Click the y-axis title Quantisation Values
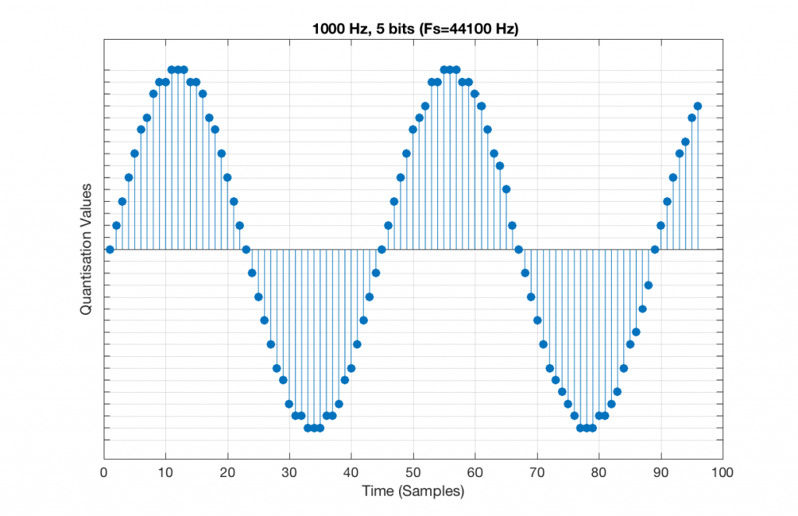87,249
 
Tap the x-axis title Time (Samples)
413,491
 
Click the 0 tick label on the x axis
104,472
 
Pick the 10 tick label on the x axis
165,472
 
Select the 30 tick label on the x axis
289,472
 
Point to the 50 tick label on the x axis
413,472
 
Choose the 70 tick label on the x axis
537,472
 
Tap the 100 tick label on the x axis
722,472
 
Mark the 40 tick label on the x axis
351,472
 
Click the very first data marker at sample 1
110,249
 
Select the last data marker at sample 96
697,106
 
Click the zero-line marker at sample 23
246,249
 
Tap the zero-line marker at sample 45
382,249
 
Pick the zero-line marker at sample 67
518,249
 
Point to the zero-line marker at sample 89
655,249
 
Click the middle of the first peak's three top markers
178,69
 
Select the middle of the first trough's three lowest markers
314,428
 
